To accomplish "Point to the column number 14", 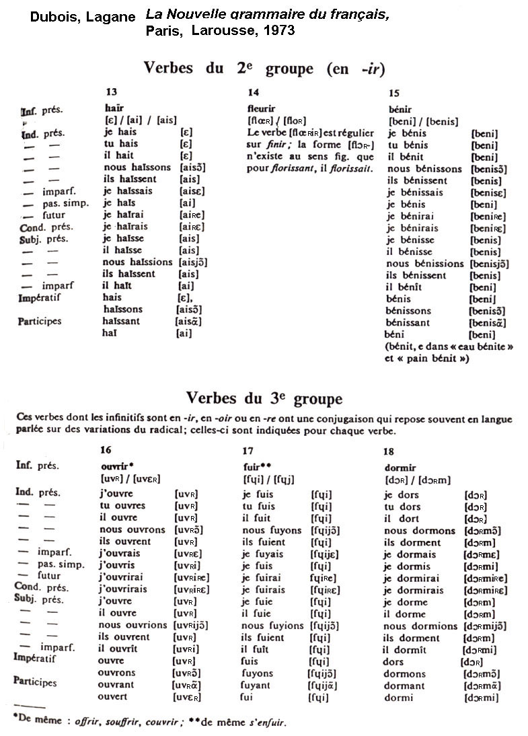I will click(253, 93).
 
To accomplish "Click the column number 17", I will click(248, 451).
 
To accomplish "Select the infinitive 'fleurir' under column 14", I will click(262, 108).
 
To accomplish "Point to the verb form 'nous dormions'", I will click(420, 626).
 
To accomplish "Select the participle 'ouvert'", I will click(112, 696).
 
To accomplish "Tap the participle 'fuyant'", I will click(257, 685).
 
